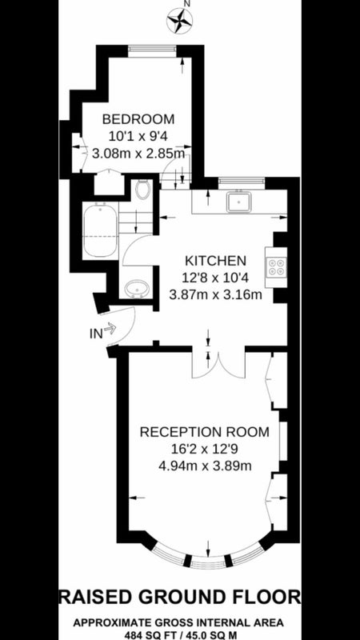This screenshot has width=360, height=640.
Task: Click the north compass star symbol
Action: point(180,21)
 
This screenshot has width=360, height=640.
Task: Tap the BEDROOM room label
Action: point(138,119)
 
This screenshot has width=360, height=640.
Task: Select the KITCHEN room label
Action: point(215,261)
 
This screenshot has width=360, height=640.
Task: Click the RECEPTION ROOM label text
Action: point(205,432)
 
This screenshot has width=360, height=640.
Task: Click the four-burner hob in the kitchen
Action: point(276,267)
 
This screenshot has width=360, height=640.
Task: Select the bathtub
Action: point(101,231)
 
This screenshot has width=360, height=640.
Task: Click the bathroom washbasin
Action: point(137,289)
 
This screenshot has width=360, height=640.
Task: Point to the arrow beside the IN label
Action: point(110,327)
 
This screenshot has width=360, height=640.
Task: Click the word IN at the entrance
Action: point(95,334)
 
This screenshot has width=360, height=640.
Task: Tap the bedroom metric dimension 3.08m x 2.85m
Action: point(138,154)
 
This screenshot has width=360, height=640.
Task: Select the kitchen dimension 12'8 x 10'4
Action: point(215,278)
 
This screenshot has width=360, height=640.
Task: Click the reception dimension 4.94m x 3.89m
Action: point(205,466)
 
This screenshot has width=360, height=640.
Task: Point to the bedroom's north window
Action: point(152,50)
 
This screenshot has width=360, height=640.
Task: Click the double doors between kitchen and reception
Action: point(219,362)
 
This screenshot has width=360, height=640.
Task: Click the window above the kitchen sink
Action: point(242,181)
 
